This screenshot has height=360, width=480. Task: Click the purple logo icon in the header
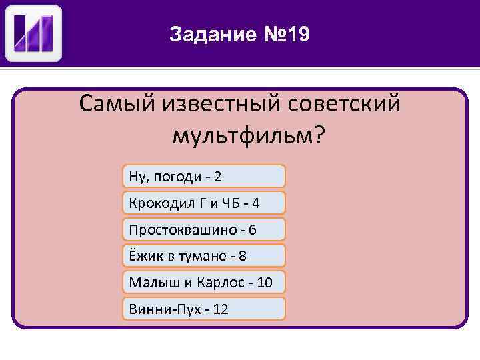34,33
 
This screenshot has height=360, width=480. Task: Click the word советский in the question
345,104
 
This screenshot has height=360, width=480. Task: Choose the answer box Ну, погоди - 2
204,176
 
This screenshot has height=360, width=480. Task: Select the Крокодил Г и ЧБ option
204,203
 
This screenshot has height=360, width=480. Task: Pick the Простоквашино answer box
204,229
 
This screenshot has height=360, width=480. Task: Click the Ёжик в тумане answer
204,256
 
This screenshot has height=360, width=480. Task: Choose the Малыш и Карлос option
204,282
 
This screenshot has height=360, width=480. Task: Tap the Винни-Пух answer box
204,309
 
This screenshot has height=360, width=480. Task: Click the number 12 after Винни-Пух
221,309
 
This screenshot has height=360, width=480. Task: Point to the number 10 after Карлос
265,283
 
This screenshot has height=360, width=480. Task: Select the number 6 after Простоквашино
252,229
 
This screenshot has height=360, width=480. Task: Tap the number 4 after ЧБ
255,203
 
